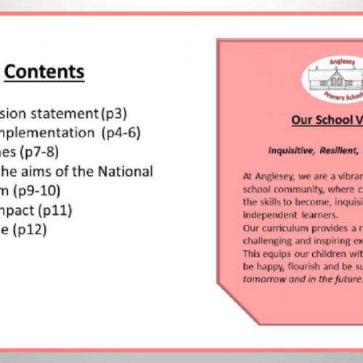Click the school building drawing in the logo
pos(323,74)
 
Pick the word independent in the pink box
pos(269,195)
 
